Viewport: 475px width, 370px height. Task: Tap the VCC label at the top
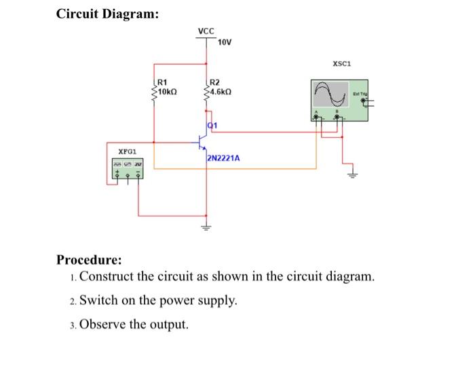pyautogui.click(x=206, y=31)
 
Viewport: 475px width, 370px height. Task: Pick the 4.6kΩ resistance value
pyautogui.click(x=222, y=91)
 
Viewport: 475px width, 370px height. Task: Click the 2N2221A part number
pyautogui.click(x=223, y=160)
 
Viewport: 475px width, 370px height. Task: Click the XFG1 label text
pyautogui.click(x=128, y=151)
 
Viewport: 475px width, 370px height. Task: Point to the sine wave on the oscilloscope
pyautogui.click(x=331, y=94)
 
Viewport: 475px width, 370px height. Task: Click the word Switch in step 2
pyautogui.click(x=98, y=301)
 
